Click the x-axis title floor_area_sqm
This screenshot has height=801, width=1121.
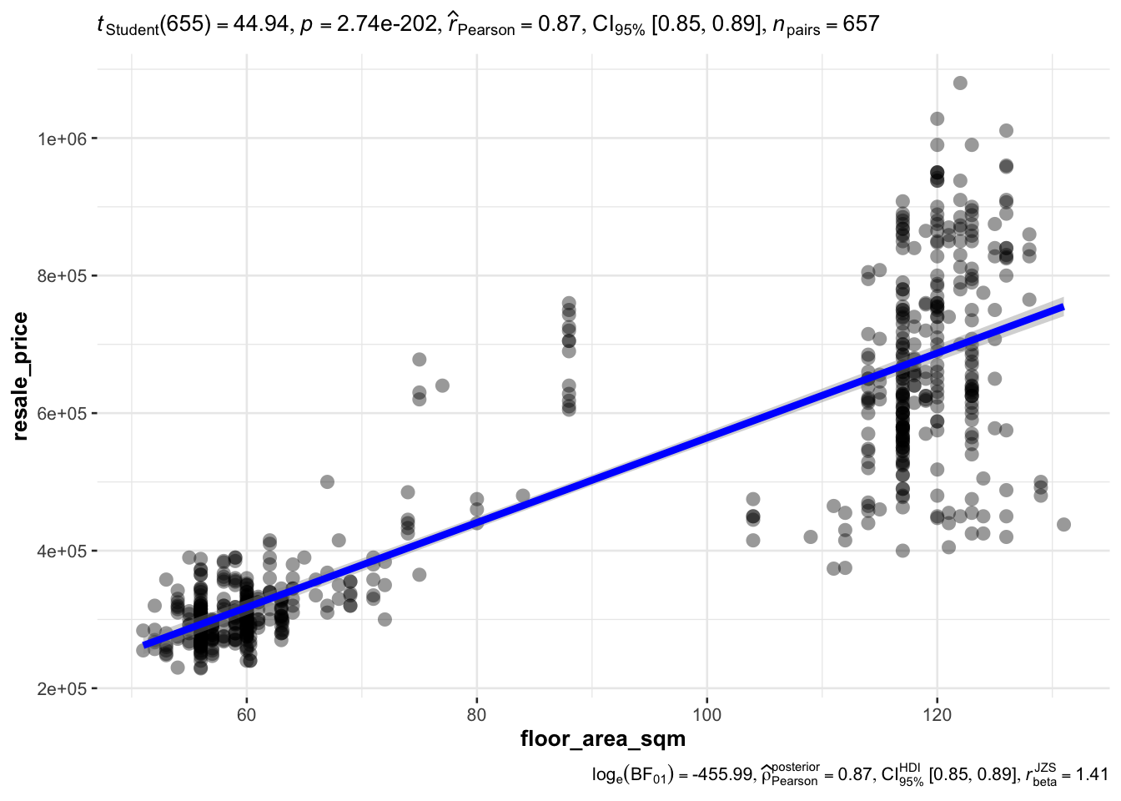602,738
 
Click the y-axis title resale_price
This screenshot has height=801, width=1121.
20,375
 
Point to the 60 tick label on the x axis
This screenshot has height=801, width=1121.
246,715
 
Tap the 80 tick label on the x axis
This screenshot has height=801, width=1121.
476,715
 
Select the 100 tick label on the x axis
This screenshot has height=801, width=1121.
706,715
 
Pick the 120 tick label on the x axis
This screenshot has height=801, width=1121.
937,715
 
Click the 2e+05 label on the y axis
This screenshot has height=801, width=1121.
61,688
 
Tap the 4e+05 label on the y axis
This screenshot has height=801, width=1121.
61,551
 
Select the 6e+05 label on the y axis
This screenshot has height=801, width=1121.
61,413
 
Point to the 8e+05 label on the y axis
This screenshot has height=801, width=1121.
61,275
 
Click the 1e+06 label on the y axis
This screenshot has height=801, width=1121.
61,139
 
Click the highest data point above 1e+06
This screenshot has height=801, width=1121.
960,83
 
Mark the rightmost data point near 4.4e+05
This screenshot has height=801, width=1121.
1063,524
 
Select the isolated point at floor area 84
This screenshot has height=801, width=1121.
523,496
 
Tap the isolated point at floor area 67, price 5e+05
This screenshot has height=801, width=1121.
327,481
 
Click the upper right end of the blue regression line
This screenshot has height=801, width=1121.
1062,307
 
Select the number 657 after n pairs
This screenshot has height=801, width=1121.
861,24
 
